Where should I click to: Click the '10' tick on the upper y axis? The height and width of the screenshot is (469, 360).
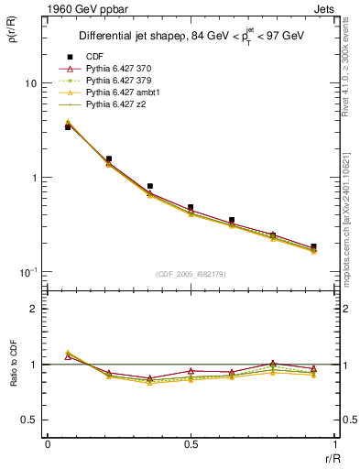click(x=30, y=83)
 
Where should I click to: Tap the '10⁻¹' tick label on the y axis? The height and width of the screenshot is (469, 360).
click(x=27, y=272)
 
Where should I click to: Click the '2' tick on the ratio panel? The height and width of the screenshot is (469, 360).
click(x=34, y=309)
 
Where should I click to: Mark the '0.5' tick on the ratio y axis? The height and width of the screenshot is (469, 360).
click(x=29, y=420)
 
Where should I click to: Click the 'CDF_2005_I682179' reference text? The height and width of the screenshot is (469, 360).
click(x=190, y=275)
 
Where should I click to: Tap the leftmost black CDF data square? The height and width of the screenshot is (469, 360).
click(x=68, y=127)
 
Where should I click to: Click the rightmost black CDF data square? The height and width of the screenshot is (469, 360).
click(x=313, y=246)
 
